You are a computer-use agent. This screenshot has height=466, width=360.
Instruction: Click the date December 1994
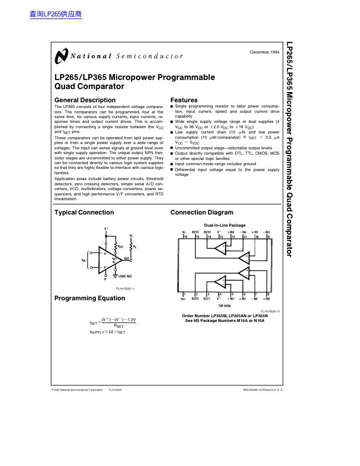(264, 52)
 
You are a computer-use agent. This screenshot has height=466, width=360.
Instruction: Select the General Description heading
(85, 100)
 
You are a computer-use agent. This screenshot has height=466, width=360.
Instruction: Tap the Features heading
(184, 100)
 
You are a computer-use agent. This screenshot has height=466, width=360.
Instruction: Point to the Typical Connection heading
(84, 212)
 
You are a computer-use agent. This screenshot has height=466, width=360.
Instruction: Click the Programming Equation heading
(90, 298)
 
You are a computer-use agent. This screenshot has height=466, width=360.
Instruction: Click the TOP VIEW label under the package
(224, 306)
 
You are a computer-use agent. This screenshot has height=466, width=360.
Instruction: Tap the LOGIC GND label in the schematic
(125, 276)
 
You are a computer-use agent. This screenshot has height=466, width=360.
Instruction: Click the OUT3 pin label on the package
(195, 232)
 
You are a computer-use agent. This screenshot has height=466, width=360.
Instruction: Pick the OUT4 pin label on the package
(208, 232)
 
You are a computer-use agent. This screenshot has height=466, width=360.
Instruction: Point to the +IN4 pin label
(231, 232)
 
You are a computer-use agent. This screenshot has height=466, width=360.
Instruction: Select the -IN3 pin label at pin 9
(267, 232)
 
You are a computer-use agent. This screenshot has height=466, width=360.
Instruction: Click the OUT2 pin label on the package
(195, 299)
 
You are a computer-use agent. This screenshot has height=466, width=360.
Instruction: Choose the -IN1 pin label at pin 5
(231, 299)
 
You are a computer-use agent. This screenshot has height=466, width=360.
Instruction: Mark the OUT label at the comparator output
(127, 258)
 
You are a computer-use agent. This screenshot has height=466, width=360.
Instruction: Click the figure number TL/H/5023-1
(125, 288)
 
